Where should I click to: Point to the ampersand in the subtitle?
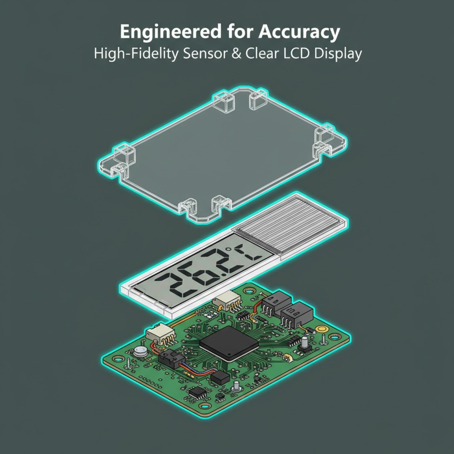(237, 54)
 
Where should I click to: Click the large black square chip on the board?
(229, 343)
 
